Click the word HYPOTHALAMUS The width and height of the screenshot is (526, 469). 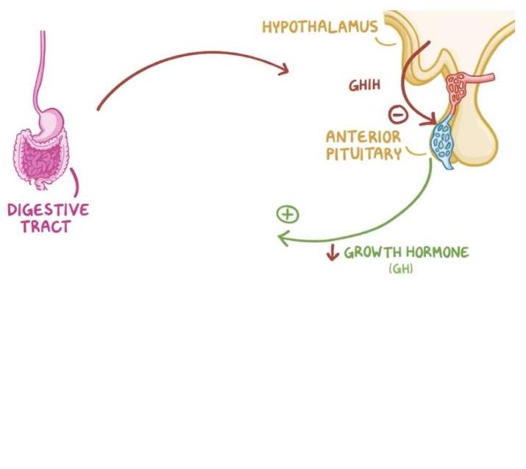(319, 27)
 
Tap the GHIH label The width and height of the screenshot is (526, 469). (363, 86)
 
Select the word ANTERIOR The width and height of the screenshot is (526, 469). (363, 137)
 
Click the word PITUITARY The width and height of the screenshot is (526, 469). (365, 154)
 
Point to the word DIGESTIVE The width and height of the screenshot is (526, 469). (48, 210)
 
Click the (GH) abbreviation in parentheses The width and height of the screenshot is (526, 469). (400, 270)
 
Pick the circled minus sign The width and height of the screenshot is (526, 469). (397, 114)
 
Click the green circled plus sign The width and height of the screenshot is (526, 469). (288, 214)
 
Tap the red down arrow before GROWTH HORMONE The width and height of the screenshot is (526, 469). (332, 253)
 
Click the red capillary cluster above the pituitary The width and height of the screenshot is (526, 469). (458, 89)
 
